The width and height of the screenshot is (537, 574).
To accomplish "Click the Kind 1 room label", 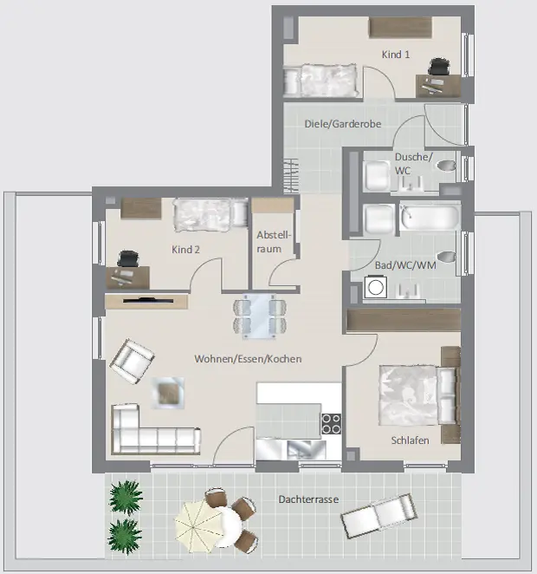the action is [396, 55].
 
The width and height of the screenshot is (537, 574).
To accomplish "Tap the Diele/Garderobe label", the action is [343, 124].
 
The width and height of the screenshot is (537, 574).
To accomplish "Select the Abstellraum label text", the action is [274, 242].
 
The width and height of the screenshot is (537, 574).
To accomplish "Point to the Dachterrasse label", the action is [308, 499].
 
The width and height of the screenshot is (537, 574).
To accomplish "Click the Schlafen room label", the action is [411, 440].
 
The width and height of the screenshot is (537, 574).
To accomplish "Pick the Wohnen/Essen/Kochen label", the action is [248, 359].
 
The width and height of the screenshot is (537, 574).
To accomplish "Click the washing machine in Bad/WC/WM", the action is [375, 287].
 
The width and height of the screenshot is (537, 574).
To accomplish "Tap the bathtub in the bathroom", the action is [430, 217].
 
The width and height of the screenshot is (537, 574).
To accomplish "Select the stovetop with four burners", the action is [331, 424].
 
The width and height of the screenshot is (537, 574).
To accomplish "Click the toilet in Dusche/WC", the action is [447, 166].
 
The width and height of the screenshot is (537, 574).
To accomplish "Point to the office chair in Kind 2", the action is [127, 258].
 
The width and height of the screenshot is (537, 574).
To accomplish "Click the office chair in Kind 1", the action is [439, 67].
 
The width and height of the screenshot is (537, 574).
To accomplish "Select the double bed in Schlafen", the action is [419, 395].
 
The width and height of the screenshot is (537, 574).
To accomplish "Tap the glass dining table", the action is [260, 316].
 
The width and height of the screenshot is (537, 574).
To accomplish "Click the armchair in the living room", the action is [132, 361].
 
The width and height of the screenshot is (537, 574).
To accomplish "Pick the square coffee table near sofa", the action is [168, 393].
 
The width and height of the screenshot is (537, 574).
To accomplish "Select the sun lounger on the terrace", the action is [378, 513].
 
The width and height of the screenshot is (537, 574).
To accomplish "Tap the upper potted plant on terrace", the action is [126, 497].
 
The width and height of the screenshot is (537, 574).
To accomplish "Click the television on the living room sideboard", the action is [148, 301].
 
